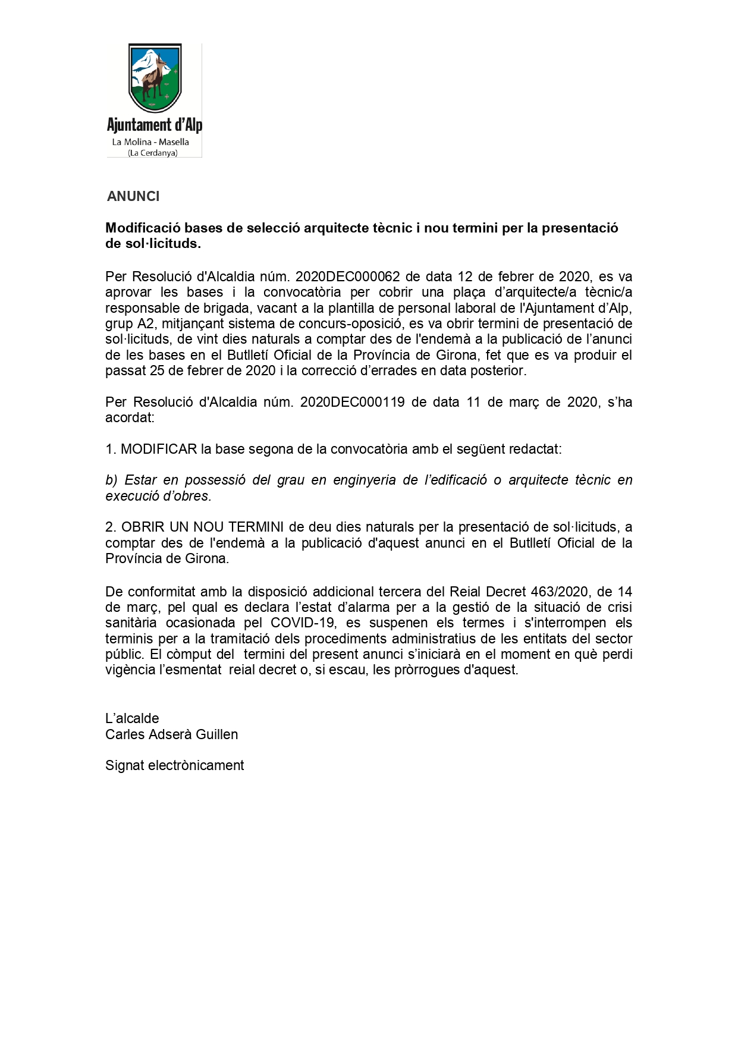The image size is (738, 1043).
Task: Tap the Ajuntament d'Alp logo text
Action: [155, 125]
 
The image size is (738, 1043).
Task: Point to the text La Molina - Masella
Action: [150, 142]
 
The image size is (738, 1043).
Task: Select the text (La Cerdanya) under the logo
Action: [153, 153]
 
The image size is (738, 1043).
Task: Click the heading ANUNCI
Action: [133, 196]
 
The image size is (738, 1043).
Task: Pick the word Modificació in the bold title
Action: [143, 228]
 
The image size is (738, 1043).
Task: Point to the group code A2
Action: [146, 323]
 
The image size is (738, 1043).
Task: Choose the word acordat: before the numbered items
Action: [130, 417]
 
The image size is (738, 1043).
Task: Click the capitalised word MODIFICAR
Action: [159, 449]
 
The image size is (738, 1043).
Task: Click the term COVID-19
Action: [302, 623]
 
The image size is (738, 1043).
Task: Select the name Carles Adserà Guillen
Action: [171, 734]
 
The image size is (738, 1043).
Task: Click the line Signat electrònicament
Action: [174, 765]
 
